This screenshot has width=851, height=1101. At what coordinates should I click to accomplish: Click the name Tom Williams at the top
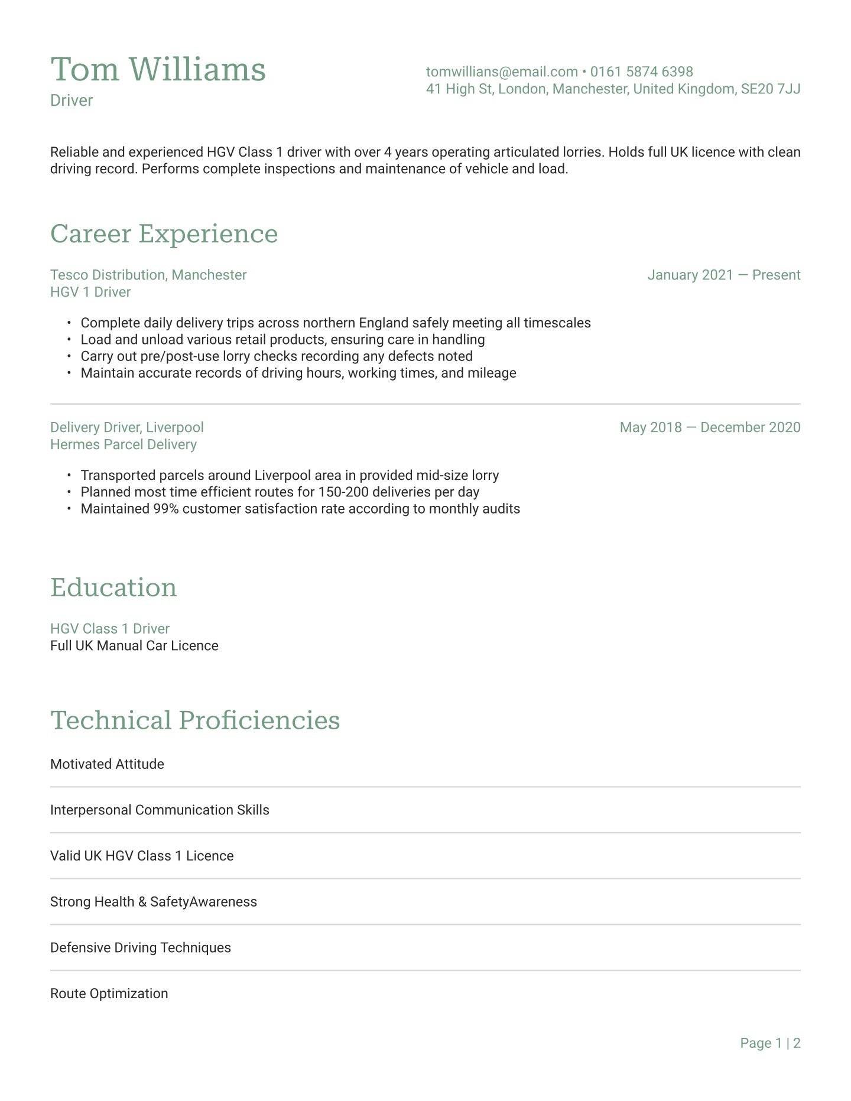158,70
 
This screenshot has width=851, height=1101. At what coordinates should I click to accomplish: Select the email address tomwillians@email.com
502,72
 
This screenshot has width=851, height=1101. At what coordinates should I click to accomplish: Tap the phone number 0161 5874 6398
641,72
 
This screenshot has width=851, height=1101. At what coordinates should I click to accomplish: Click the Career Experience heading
164,233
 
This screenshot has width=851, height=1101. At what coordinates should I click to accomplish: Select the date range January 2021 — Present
723,275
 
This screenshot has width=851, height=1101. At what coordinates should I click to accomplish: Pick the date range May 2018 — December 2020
710,427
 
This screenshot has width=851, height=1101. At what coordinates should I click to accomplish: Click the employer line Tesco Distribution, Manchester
148,275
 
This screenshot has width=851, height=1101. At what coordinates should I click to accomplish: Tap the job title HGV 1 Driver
90,292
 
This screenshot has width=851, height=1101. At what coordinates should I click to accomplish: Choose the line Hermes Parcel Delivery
124,444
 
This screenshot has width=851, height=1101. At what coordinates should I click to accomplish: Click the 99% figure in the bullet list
166,509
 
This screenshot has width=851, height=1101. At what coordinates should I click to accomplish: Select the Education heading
113,587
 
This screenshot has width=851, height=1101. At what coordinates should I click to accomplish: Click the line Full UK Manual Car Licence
134,645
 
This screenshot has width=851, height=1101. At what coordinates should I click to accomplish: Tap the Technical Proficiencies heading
195,720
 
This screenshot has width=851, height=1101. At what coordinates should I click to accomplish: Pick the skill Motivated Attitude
107,764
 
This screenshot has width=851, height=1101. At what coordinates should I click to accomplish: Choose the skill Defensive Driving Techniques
141,947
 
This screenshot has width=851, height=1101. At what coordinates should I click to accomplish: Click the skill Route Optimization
109,993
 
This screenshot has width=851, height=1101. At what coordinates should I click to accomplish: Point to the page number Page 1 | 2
770,1043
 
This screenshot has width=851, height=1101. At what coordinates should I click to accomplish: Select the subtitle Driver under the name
72,100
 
